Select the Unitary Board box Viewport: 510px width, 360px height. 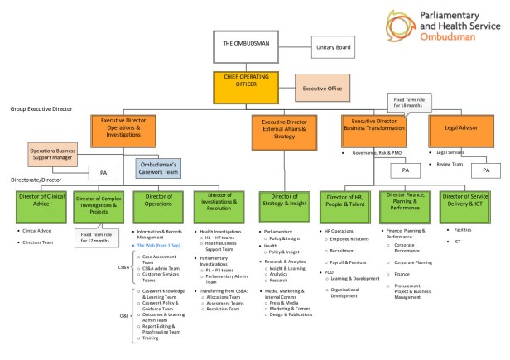pos(333,48)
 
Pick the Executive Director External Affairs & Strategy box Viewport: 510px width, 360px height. pos(284,127)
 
